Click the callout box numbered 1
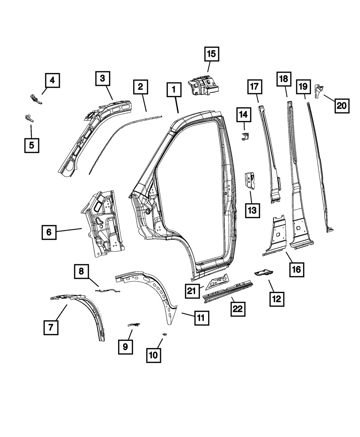point(174,89)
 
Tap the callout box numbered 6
point(49,232)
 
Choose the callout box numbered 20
point(342,105)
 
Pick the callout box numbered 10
point(153,355)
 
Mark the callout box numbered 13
point(252,209)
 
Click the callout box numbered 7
point(51,327)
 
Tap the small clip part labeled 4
point(36,98)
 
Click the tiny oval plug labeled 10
point(165,334)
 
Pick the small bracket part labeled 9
point(134,325)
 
